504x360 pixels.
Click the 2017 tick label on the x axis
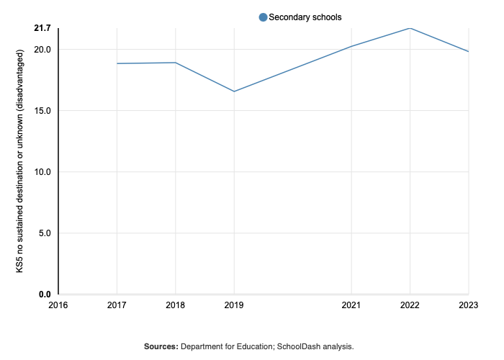pos(117,305)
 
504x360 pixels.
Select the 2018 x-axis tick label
pos(175,305)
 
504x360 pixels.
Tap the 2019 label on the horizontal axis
pos(233,305)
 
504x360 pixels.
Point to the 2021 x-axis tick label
pos(351,305)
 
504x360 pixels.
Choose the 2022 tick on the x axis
pos(410,305)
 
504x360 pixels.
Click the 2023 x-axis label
pos(468,305)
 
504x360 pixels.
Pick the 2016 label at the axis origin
pos(58,305)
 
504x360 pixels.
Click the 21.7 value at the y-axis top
pos(42,28)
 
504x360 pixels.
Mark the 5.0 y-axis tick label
pos(45,233)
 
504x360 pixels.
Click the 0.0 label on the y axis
pos(45,294)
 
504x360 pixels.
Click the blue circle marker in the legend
pos(263,17)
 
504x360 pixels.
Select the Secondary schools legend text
pos(305,17)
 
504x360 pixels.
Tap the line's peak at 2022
pos(410,29)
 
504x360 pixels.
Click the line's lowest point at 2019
pos(233,91)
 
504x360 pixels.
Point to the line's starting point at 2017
pos(117,63)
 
